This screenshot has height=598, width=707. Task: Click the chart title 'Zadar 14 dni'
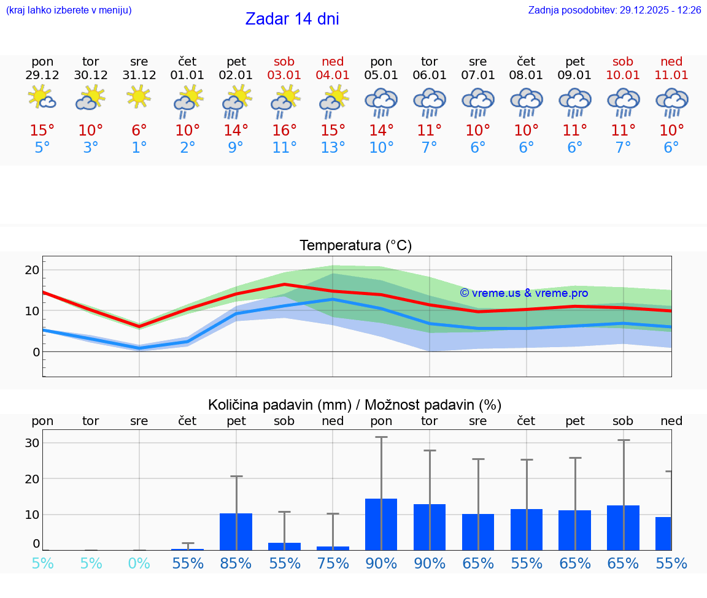[292, 19]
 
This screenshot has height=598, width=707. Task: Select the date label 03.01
[284, 75]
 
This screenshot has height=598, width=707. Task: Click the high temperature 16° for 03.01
[284, 131]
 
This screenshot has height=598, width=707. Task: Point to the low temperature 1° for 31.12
[139, 148]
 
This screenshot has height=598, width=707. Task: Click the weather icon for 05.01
[381, 102]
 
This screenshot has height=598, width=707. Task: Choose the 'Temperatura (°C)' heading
[355, 246]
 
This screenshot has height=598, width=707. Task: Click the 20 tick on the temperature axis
[32, 270]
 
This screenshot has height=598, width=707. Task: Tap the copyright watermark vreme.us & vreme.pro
[523, 293]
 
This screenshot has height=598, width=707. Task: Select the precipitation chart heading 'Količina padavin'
[355, 405]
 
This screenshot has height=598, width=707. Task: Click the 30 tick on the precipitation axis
[32, 443]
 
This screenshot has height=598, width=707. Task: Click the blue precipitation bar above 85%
[236, 531]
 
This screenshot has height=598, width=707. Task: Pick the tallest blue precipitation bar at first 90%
[381, 524]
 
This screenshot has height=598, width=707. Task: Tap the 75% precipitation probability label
[333, 563]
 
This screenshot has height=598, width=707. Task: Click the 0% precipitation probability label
[139, 563]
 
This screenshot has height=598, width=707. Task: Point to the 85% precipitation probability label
[236, 563]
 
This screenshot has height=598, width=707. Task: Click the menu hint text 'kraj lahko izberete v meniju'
[68, 10]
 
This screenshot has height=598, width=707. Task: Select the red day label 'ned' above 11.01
[671, 61]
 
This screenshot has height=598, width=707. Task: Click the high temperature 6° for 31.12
[139, 131]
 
